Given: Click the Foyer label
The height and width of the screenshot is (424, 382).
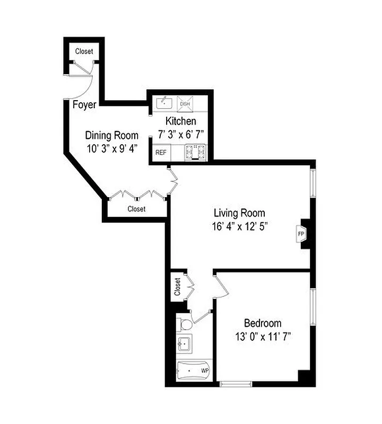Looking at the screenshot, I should coord(84,105).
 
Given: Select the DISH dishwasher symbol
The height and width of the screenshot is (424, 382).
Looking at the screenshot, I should coord(185,103).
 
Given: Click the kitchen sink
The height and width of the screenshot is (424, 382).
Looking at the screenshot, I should coord(163,102).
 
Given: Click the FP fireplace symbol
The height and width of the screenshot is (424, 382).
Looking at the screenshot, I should coord(301,233).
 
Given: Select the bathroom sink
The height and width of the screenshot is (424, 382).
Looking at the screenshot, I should coord(185,344).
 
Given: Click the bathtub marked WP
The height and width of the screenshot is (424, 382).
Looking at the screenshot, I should coord(194,369).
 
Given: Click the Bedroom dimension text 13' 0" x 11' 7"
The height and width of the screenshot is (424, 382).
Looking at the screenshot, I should coord(263,336).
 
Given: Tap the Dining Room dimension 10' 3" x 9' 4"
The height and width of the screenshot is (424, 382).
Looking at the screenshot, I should coord(112,148).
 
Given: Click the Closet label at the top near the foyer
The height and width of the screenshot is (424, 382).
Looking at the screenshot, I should coord(84,51).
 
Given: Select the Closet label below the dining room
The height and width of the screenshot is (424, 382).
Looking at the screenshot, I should coord(136,209).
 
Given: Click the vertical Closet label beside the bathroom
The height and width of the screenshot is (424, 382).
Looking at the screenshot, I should coord(178,287).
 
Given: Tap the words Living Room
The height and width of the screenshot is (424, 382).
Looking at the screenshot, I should coord(239,214).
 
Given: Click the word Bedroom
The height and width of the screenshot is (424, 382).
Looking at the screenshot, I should coord(263,323).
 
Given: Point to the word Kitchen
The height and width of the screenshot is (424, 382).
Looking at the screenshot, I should coord(181,121).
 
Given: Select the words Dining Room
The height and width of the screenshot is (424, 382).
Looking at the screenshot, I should coord(112,136).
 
